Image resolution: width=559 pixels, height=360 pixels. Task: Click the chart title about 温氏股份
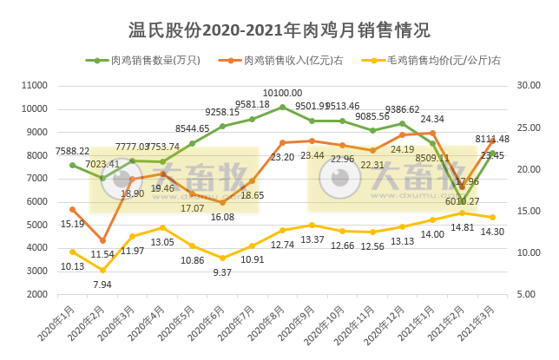pyautogui.click(x=279, y=31)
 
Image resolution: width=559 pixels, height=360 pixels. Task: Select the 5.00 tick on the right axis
pyautogui.click(x=527, y=295)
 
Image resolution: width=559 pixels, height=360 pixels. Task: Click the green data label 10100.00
pyautogui.click(x=283, y=93)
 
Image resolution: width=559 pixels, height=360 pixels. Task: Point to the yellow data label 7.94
pyautogui.click(x=102, y=284)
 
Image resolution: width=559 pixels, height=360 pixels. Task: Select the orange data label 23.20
pyautogui.click(x=282, y=158)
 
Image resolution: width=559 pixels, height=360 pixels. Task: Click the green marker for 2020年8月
pyautogui.click(x=282, y=108)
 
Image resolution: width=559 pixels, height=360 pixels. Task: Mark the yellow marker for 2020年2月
pyautogui.click(x=102, y=270)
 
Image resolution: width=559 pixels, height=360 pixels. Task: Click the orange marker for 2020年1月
pyautogui.click(x=73, y=210)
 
